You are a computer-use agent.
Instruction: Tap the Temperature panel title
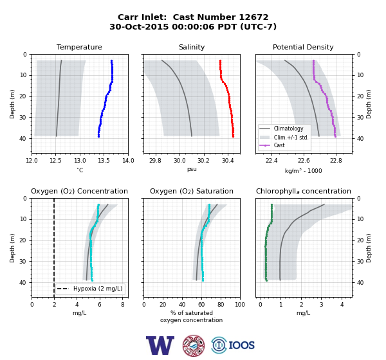[x=79, y=47]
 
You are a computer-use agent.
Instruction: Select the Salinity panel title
[x=192, y=47]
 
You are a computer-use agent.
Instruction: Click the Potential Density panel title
[x=303, y=47]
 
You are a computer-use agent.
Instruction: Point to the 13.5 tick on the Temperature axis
[x=104, y=161]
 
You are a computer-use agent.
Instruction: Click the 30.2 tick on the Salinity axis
[x=203, y=161]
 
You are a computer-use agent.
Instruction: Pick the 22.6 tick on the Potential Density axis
[x=304, y=161]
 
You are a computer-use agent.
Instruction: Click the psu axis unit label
[x=192, y=169]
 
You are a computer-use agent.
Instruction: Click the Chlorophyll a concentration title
[x=303, y=191]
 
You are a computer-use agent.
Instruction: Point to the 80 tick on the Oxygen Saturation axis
[x=221, y=304]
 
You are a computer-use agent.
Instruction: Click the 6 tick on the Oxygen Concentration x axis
[x=100, y=304]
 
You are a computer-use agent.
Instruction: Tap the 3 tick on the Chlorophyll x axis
[x=322, y=304]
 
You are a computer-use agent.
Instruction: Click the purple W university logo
[x=160, y=345]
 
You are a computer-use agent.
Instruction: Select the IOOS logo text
[x=241, y=345]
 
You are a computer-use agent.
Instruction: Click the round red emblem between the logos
[x=194, y=345]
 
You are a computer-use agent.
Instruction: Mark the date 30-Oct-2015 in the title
[x=139, y=26]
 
